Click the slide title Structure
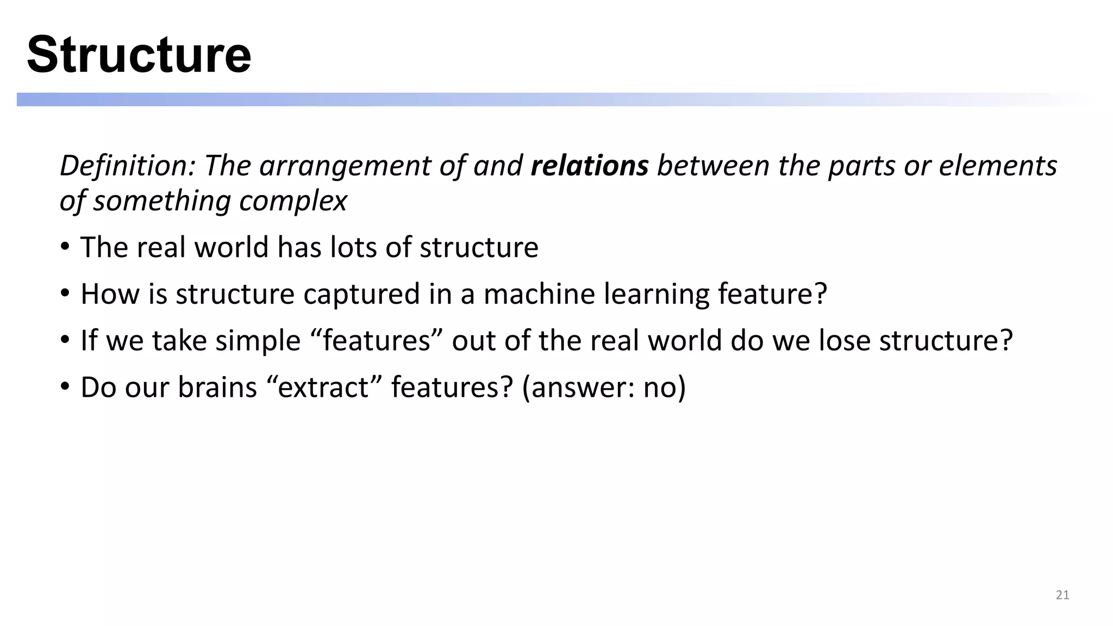139,54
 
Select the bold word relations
589,165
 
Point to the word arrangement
345,166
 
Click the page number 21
1062,595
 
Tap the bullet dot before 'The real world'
65,247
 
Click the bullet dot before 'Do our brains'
65,387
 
